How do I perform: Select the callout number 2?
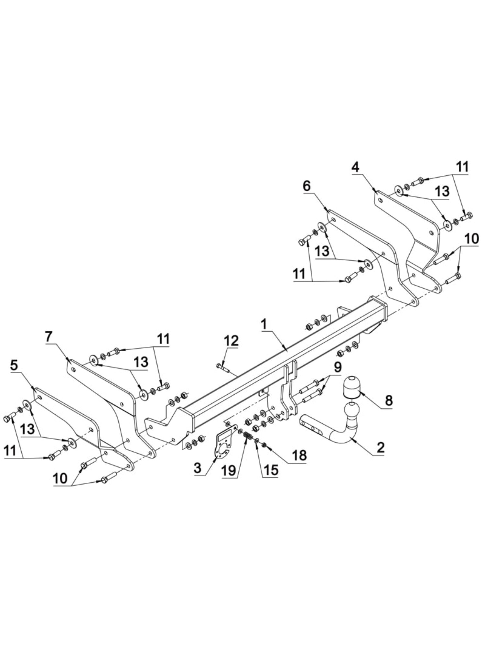[381, 448]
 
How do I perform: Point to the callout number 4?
[355, 168]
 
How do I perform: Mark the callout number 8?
[389, 400]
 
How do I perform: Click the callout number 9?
[337, 367]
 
